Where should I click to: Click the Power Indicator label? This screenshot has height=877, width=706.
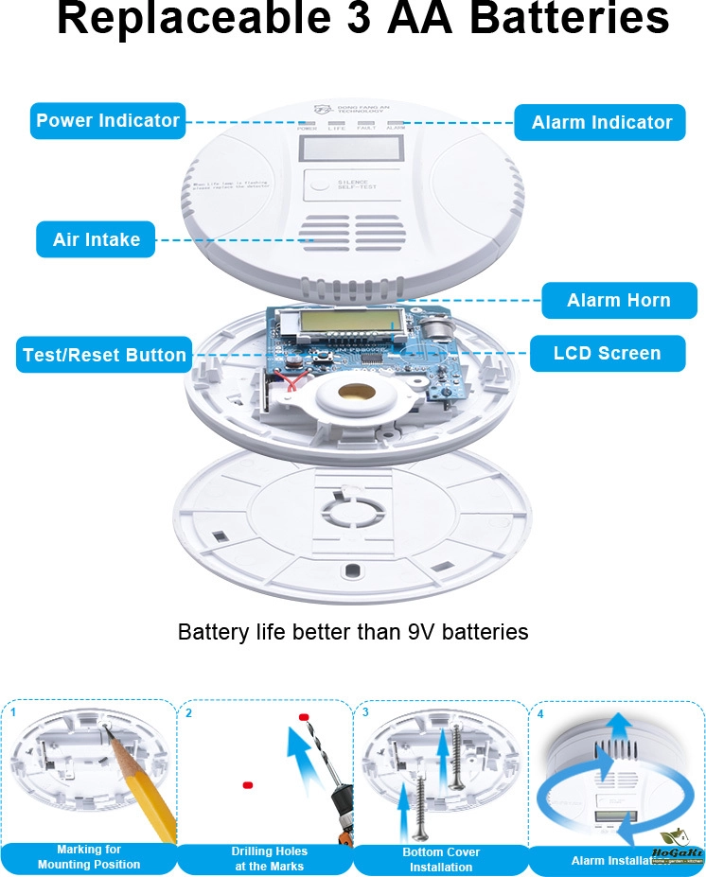pos(107,121)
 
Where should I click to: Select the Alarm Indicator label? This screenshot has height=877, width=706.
pos(601,122)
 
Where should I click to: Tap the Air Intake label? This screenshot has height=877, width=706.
pos(96,239)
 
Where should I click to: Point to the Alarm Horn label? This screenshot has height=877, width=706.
pos(618,301)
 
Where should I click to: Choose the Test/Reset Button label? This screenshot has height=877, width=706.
pos(104,355)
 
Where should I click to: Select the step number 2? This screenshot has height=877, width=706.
pos(189,712)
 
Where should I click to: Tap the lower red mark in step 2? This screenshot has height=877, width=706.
pos(247,785)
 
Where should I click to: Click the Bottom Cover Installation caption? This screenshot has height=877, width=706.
pos(441,859)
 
